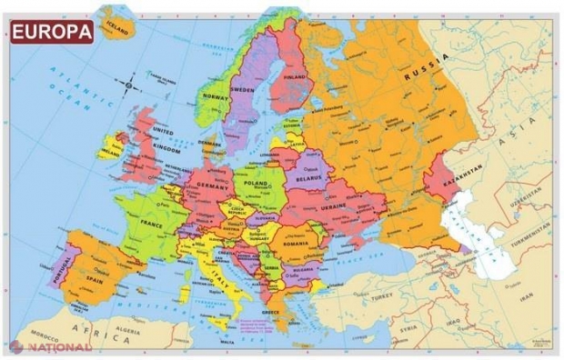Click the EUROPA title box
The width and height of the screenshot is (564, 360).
click(53, 33)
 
